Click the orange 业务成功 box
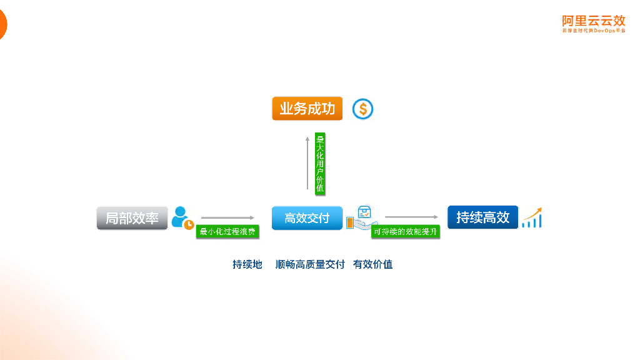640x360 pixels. coord(307,109)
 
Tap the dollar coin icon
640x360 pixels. coord(362,109)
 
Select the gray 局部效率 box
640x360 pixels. coord(132,218)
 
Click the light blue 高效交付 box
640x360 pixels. coord(307,218)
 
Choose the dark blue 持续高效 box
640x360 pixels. coord(482,217)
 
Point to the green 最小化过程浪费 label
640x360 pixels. coord(227,232)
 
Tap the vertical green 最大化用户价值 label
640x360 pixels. coord(320,164)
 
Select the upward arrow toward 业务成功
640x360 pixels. coord(307,162)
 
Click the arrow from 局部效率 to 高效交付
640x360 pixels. coord(227,217)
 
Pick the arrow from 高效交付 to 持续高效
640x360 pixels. coord(411,217)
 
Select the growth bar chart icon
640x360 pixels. coord(532,217)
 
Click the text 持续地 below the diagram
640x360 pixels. coord(247,264)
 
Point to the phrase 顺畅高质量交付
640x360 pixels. coord(310,264)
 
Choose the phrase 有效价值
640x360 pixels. coord(372,264)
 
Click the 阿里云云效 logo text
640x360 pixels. coord(593,21)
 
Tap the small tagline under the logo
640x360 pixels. coord(593,31)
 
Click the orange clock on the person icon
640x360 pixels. coord(188,224)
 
